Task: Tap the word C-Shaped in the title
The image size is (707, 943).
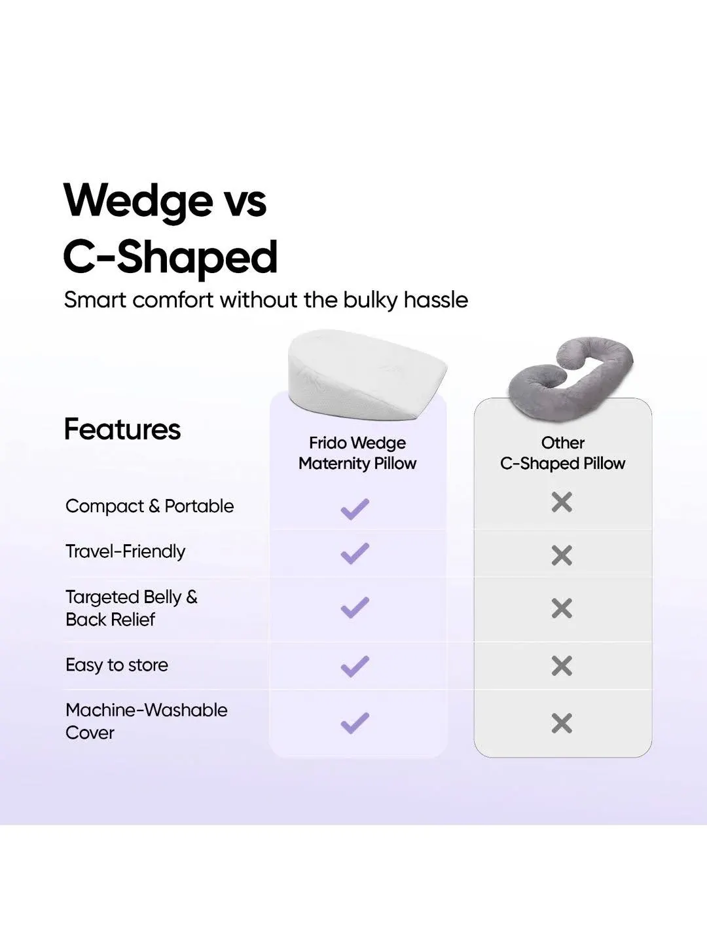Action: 170,257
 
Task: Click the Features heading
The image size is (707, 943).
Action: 122,430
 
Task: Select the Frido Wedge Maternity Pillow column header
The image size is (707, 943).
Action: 357,453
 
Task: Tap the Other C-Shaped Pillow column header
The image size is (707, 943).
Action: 562,453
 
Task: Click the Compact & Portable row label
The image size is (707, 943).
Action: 149,506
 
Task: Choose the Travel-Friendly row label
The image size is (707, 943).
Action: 125,551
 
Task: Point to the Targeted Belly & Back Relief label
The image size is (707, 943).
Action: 131,608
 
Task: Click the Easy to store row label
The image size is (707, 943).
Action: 117,665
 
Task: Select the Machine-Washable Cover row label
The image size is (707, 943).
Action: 146,721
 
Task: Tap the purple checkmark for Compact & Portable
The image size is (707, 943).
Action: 355,509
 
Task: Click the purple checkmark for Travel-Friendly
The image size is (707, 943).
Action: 355,554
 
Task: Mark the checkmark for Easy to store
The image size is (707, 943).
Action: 355,667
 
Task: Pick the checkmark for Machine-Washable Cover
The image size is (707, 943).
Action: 355,723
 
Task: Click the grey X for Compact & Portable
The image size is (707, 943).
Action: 562,502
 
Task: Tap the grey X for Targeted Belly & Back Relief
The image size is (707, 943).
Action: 562,608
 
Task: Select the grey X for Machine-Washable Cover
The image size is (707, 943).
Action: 562,724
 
